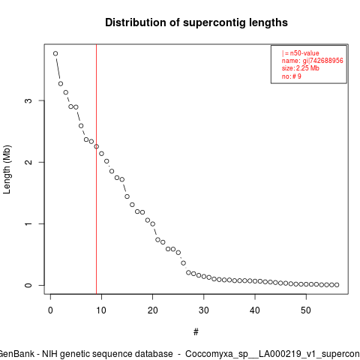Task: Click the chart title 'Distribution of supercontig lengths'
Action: coord(196,22)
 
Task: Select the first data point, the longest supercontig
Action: coord(55,53)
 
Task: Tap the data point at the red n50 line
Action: coord(96,146)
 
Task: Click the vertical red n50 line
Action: coord(96,169)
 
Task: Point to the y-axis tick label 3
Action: coord(28,100)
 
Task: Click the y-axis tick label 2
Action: coord(28,162)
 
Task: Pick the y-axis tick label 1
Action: coord(28,223)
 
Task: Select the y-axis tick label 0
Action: coord(28,285)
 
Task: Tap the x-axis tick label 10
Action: coord(101,310)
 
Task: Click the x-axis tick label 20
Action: coord(152,310)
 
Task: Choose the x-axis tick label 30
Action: coord(204,310)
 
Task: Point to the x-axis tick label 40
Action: coord(255,310)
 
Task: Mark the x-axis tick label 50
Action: coord(306,310)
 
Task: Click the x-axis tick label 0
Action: coord(50,310)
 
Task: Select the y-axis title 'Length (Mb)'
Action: coord(7,169)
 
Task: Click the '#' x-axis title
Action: coord(196,332)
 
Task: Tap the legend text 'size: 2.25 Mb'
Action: coord(301,68)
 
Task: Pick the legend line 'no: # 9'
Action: coord(292,76)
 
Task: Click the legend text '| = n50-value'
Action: coord(301,53)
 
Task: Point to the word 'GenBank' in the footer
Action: coord(16,354)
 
